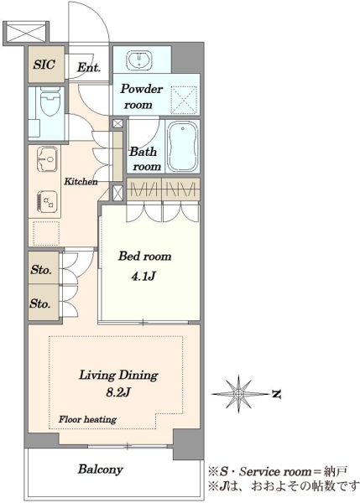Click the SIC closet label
[44, 65]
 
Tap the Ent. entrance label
[89, 67]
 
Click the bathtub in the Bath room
[182, 146]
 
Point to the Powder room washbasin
[139, 60]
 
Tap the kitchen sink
[47, 157]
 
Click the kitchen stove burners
[47, 201]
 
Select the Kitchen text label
[81, 182]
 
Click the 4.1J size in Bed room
[143, 276]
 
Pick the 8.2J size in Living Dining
[117, 392]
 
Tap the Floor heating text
[87, 419]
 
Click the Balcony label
[101, 469]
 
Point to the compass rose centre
[238, 393]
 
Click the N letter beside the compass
[276, 394]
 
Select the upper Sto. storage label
[41, 270]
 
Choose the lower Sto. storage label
[40, 303]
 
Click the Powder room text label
[141, 96]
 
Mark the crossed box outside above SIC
[25, 32]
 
